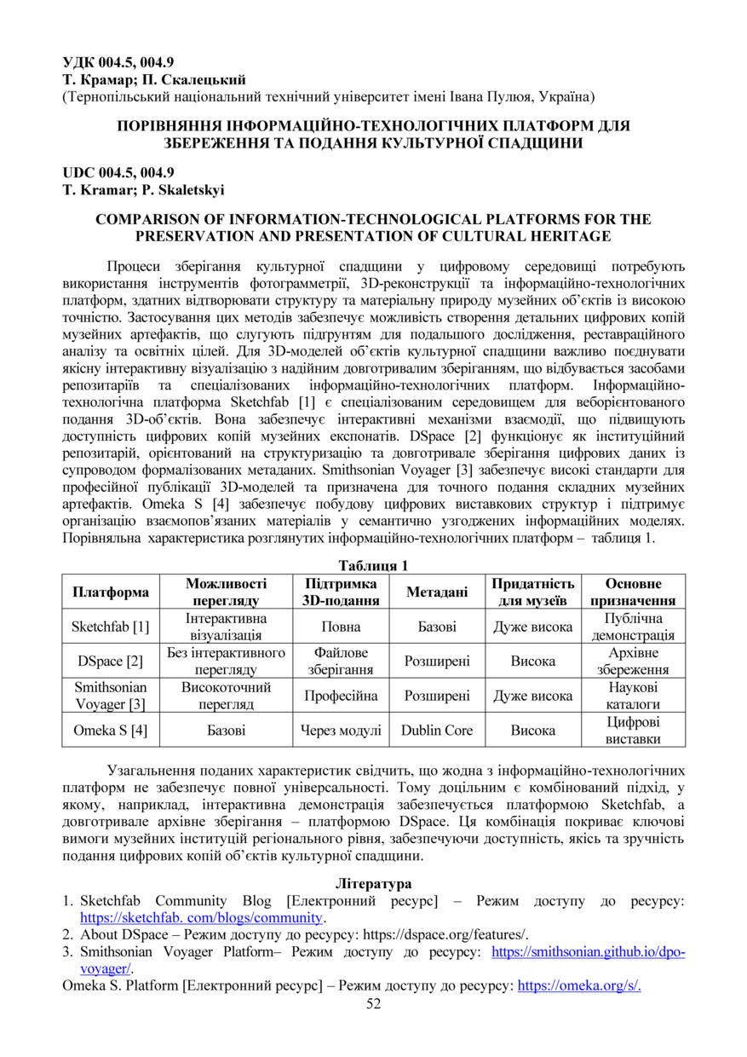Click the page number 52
tap(373, 1003)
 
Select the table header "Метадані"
tap(437, 592)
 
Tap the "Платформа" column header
tap(111, 592)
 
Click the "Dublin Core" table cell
tap(437, 730)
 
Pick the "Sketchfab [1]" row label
tap(111, 627)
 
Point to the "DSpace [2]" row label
tap(111, 661)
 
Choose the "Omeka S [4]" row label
tap(111, 730)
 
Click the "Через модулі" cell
tap(339, 730)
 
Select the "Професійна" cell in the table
tap(339, 696)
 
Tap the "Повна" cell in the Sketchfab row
tap(339, 627)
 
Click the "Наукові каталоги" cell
tap(633, 696)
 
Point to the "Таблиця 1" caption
tap(373, 566)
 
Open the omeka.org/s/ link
tap(579, 986)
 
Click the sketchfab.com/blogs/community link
tap(202, 917)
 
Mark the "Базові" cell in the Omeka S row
tap(226, 730)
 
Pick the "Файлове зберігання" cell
tap(339, 661)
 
